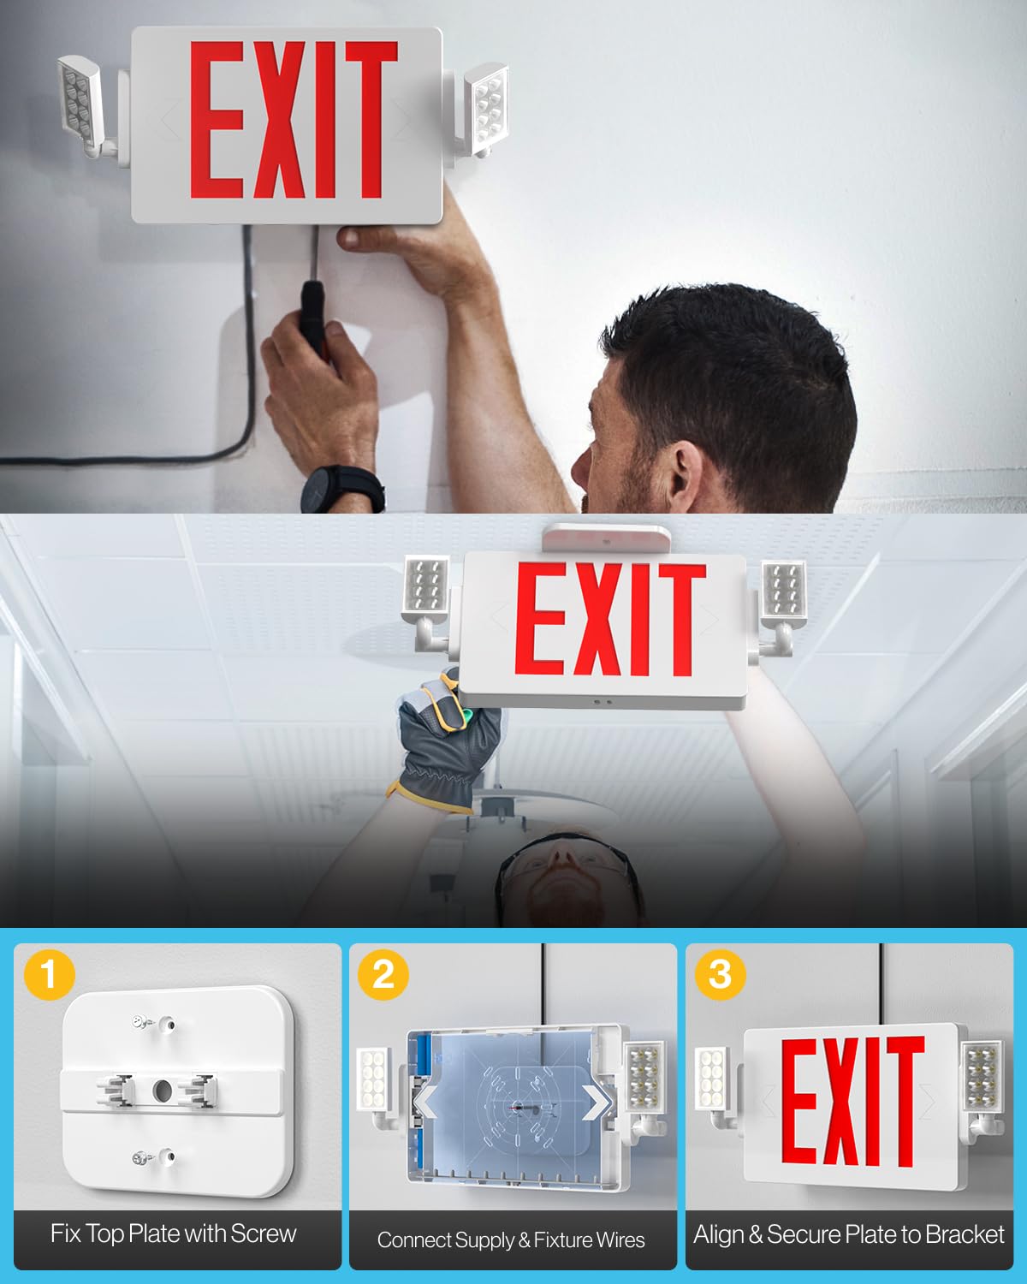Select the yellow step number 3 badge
(x=721, y=974)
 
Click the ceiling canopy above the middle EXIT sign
(x=606, y=538)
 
